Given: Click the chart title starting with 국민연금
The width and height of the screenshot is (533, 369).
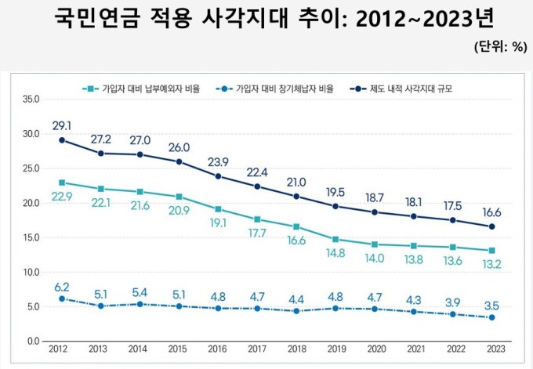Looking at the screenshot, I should coord(266,18).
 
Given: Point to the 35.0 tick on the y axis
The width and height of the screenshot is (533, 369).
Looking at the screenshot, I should coord(31,99).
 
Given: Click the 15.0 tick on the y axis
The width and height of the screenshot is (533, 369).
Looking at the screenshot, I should coord(31,237).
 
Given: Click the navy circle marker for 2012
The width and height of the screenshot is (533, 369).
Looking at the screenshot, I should coord(62,140).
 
